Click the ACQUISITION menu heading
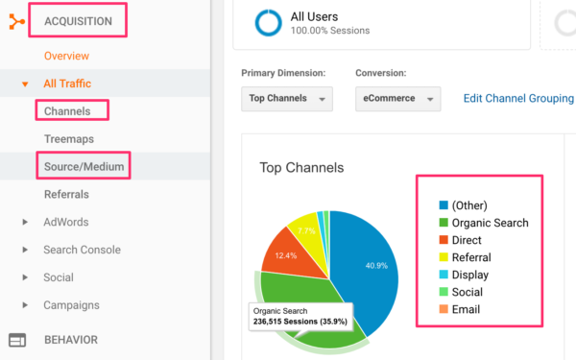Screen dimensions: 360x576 point(84,20)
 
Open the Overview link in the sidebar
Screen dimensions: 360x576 point(66,56)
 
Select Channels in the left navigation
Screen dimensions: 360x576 point(67,111)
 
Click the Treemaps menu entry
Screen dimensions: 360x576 point(68,139)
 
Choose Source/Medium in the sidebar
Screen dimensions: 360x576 point(84,167)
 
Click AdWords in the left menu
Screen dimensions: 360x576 point(65,222)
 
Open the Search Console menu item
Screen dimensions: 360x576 point(82,250)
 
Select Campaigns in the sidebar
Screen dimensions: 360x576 point(71,305)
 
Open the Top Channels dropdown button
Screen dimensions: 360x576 point(287,99)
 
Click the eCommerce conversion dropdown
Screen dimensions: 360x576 point(396,99)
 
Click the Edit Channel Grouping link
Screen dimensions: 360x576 point(518,99)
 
